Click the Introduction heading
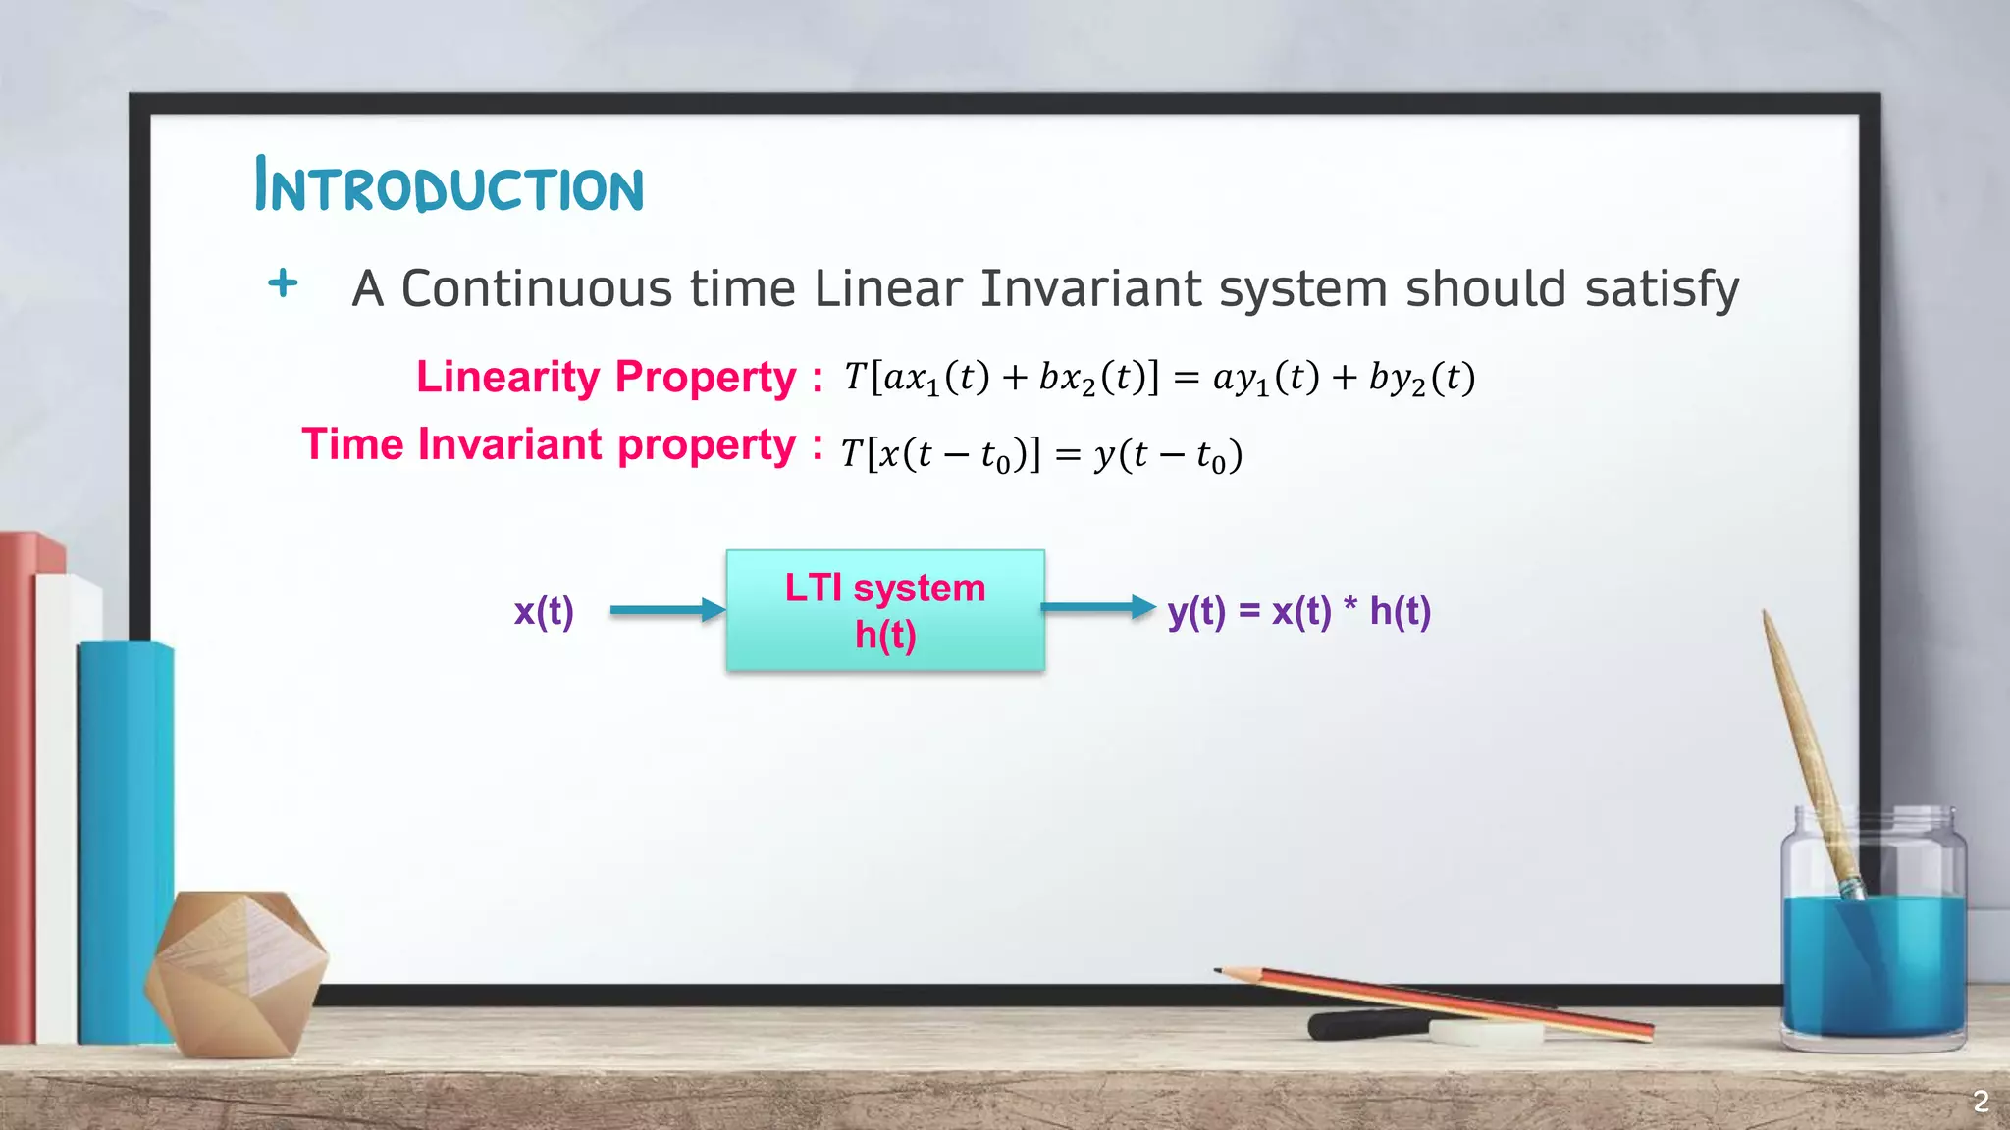449,186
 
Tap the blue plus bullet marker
283,283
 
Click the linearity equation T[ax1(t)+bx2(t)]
1001,378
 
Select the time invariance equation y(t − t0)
1168,455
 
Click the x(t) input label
544,611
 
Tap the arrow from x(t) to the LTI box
667,610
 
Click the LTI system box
885,611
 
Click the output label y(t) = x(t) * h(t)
1298,611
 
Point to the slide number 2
1981,1102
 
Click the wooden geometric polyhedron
236,971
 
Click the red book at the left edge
18,785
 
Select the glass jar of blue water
1873,942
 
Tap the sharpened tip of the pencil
1220,971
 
